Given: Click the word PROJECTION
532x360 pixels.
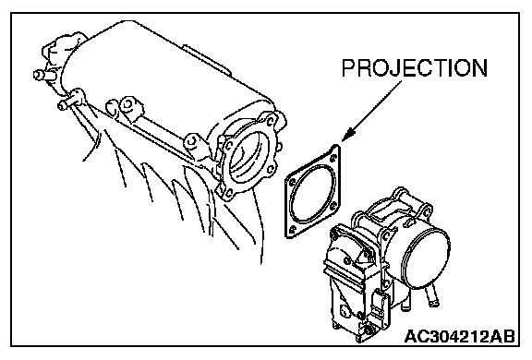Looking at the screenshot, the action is click(x=415, y=68).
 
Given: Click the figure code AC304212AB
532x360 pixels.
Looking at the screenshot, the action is click(x=460, y=336).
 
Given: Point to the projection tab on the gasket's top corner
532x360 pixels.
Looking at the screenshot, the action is click(x=335, y=147).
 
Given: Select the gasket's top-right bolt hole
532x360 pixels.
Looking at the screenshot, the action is click(x=332, y=158).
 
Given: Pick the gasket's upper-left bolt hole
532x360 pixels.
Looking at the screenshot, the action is click(x=291, y=183).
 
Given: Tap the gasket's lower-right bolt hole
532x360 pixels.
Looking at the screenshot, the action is click(x=332, y=204).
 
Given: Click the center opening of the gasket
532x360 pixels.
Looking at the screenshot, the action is click(x=311, y=194).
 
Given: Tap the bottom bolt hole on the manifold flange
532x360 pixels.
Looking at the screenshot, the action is click(x=229, y=193).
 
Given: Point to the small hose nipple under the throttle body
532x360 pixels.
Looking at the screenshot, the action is click(x=432, y=295).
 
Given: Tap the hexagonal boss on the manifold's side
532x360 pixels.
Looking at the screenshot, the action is click(x=127, y=104).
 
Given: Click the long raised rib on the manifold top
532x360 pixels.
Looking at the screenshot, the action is click(x=207, y=60).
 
